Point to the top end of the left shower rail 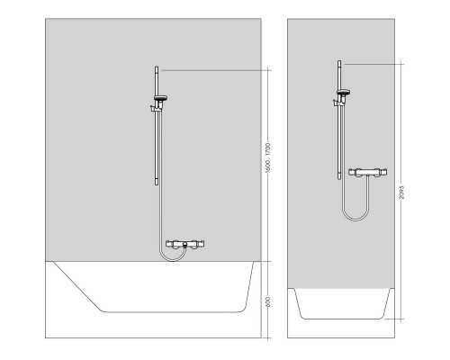click(x=158, y=68)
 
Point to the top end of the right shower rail click(x=339, y=62)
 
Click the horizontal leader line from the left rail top click(x=216, y=69)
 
